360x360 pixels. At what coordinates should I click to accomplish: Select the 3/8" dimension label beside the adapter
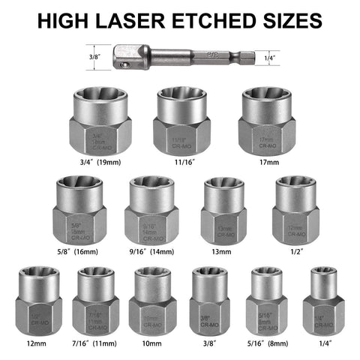pyautogui.click(x=94, y=55)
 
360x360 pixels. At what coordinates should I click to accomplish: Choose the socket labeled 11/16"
pyautogui.click(x=181, y=120)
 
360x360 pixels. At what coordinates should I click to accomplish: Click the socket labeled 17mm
pyautogui.click(x=263, y=120)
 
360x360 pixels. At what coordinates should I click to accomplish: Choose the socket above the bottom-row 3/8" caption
pyautogui.click(x=209, y=303)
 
